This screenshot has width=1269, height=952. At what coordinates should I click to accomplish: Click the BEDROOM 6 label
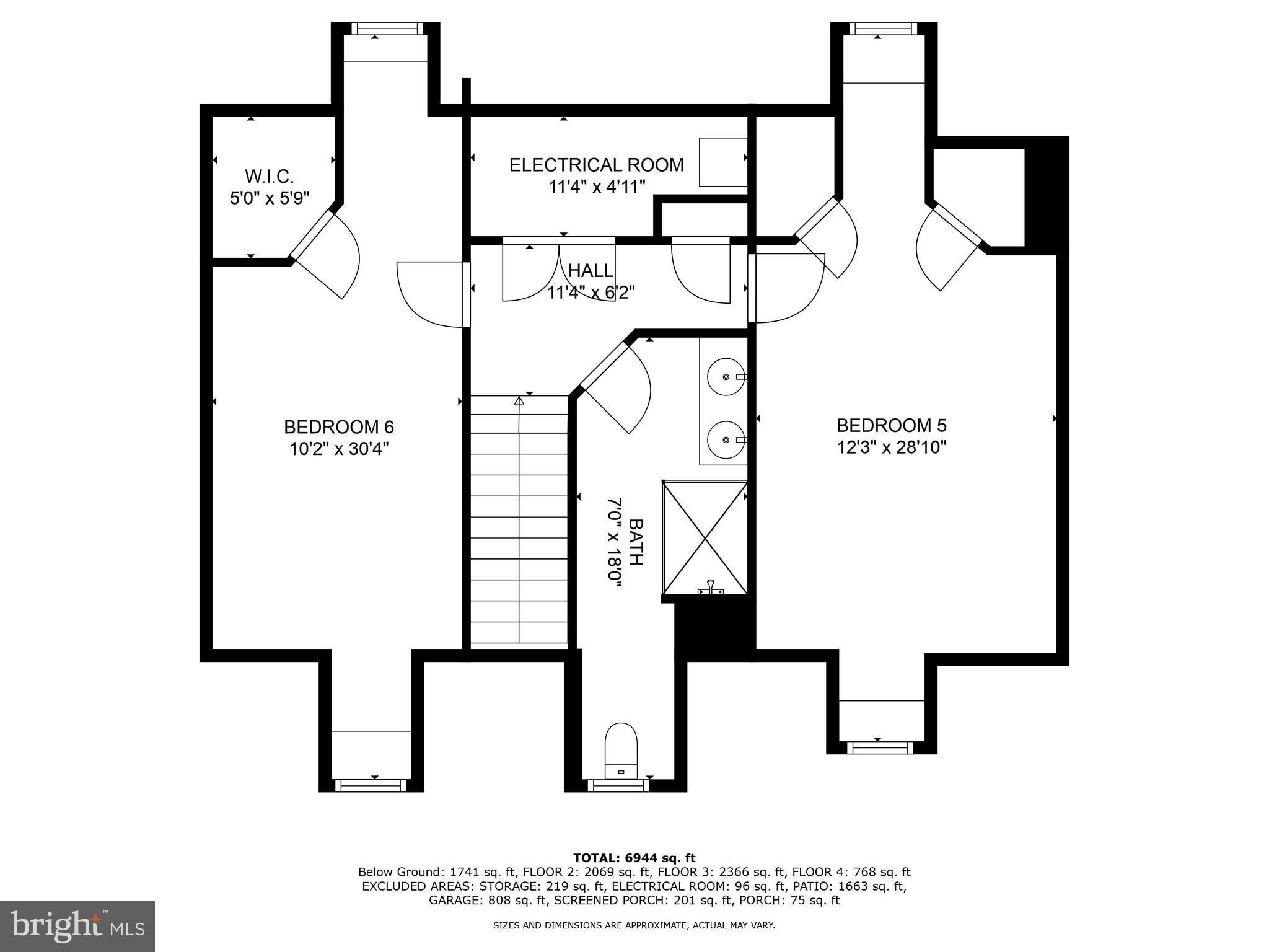click(338, 427)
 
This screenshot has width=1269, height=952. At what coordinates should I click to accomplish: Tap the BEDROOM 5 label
click(891, 425)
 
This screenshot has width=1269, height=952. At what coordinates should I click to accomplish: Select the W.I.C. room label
click(269, 177)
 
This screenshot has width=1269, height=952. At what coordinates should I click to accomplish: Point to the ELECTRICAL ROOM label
click(596, 165)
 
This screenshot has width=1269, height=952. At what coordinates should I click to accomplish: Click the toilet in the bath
click(621, 750)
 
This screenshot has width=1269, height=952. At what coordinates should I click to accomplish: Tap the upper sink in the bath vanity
click(726, 376)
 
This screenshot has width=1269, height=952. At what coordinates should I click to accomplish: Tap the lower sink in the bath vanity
click(726, 439)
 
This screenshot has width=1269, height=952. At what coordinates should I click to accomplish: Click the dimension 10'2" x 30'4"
click(338, 449)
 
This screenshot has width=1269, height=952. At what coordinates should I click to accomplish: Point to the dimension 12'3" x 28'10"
click(891, 447)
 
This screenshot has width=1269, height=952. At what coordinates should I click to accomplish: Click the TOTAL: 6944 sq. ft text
click(634, 858)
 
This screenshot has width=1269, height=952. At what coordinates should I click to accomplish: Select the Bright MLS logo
click(77, 926)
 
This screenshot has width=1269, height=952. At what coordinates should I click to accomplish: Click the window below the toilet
click(618, 786)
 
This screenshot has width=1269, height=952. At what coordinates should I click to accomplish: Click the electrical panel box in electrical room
click(722, 162)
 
